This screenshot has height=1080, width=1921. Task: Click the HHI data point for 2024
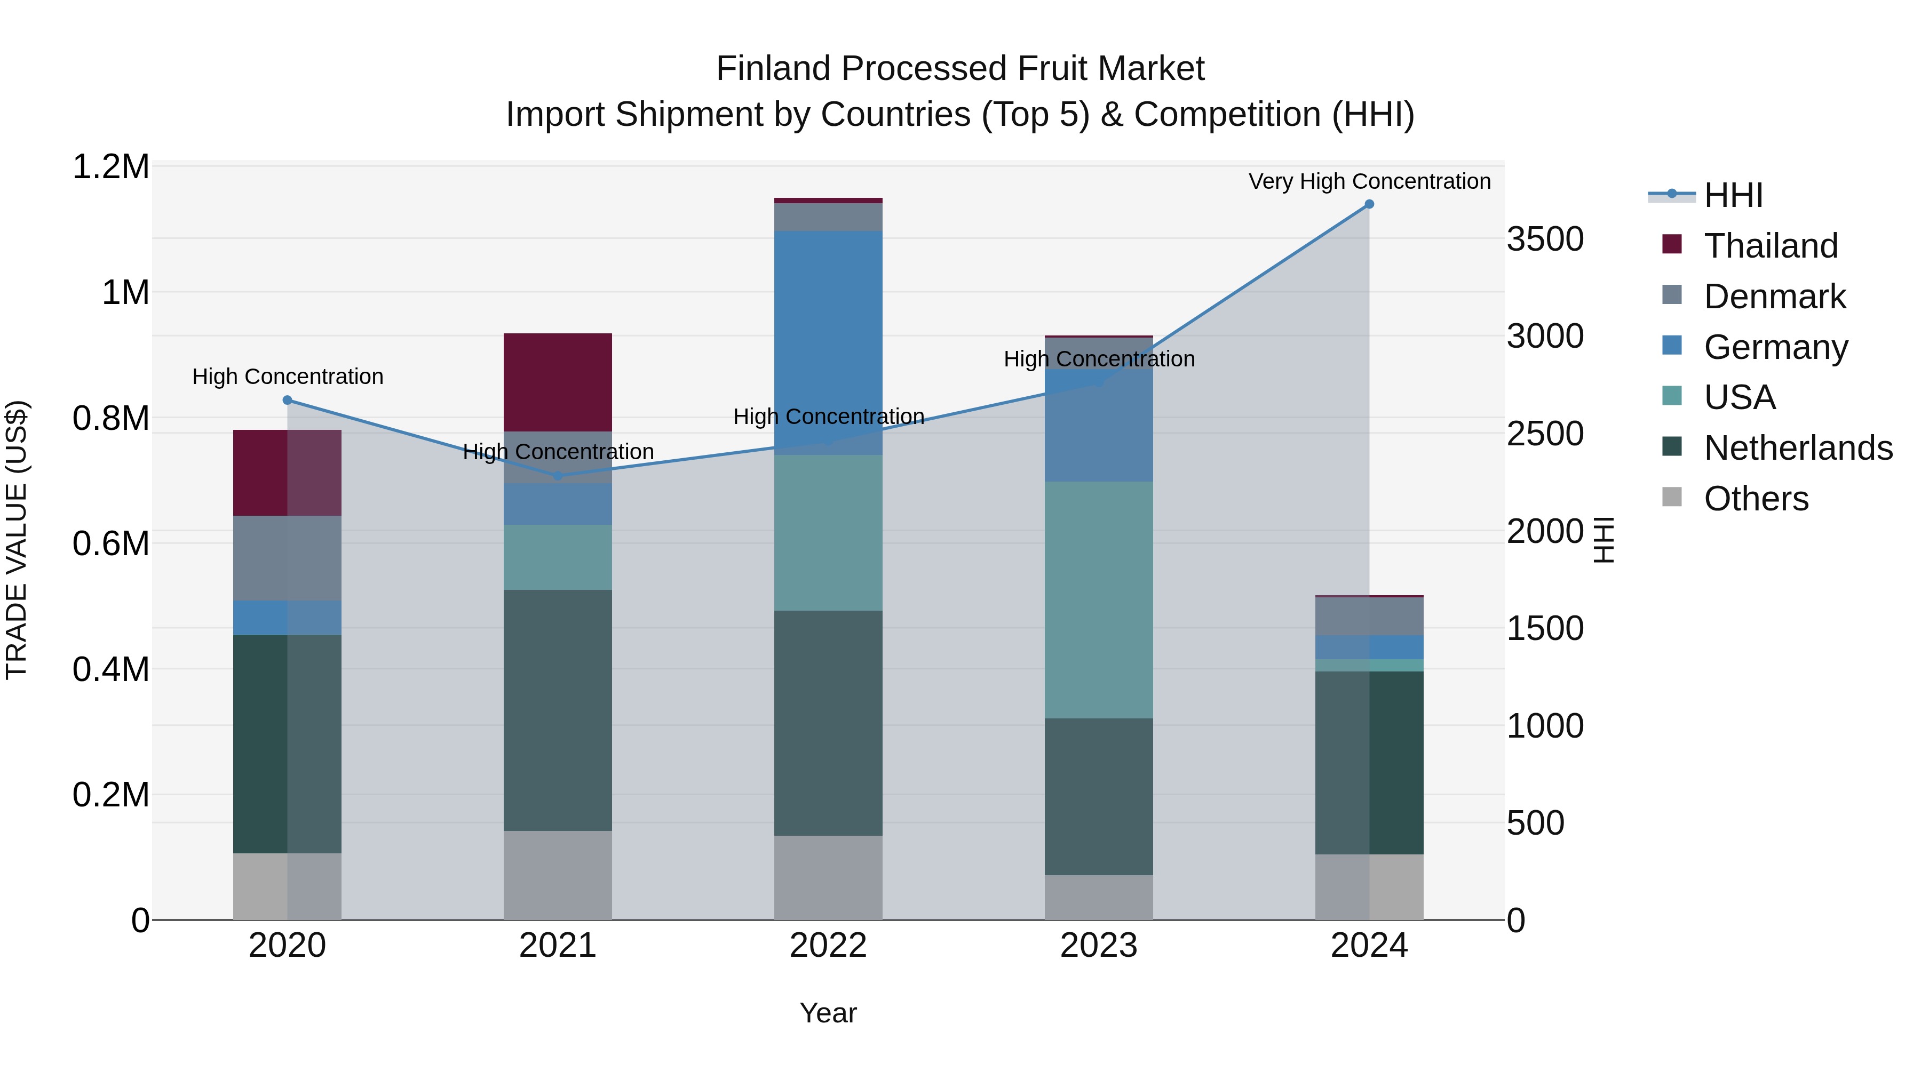pos(1369,204)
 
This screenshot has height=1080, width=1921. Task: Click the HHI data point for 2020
pos(288,400)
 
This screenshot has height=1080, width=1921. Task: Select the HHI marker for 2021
pos(558,476)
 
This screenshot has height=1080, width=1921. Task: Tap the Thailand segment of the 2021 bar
pos(558,382)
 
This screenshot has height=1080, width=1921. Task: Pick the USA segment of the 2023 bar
pos(1099,600)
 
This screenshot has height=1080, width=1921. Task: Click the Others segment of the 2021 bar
pos(558,875)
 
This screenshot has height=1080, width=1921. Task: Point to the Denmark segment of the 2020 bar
pos(288,558)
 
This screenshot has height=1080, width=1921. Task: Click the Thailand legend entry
pos(1771,246)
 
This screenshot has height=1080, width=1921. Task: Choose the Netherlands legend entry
pos(1797,448)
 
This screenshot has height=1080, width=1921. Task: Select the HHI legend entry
pos(1732,195)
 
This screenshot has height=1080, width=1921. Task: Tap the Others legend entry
pos(1756,499)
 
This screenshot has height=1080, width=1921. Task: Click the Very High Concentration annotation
pos(1369,181)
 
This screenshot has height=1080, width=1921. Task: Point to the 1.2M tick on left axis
pos(110,167)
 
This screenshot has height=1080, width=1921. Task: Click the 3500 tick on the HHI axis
pos(1544,239)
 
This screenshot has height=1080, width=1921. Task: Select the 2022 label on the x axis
pos(828,946)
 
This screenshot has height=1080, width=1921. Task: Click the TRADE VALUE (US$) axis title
pos(17,540)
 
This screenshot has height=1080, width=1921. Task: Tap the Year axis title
pos(828,1013)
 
